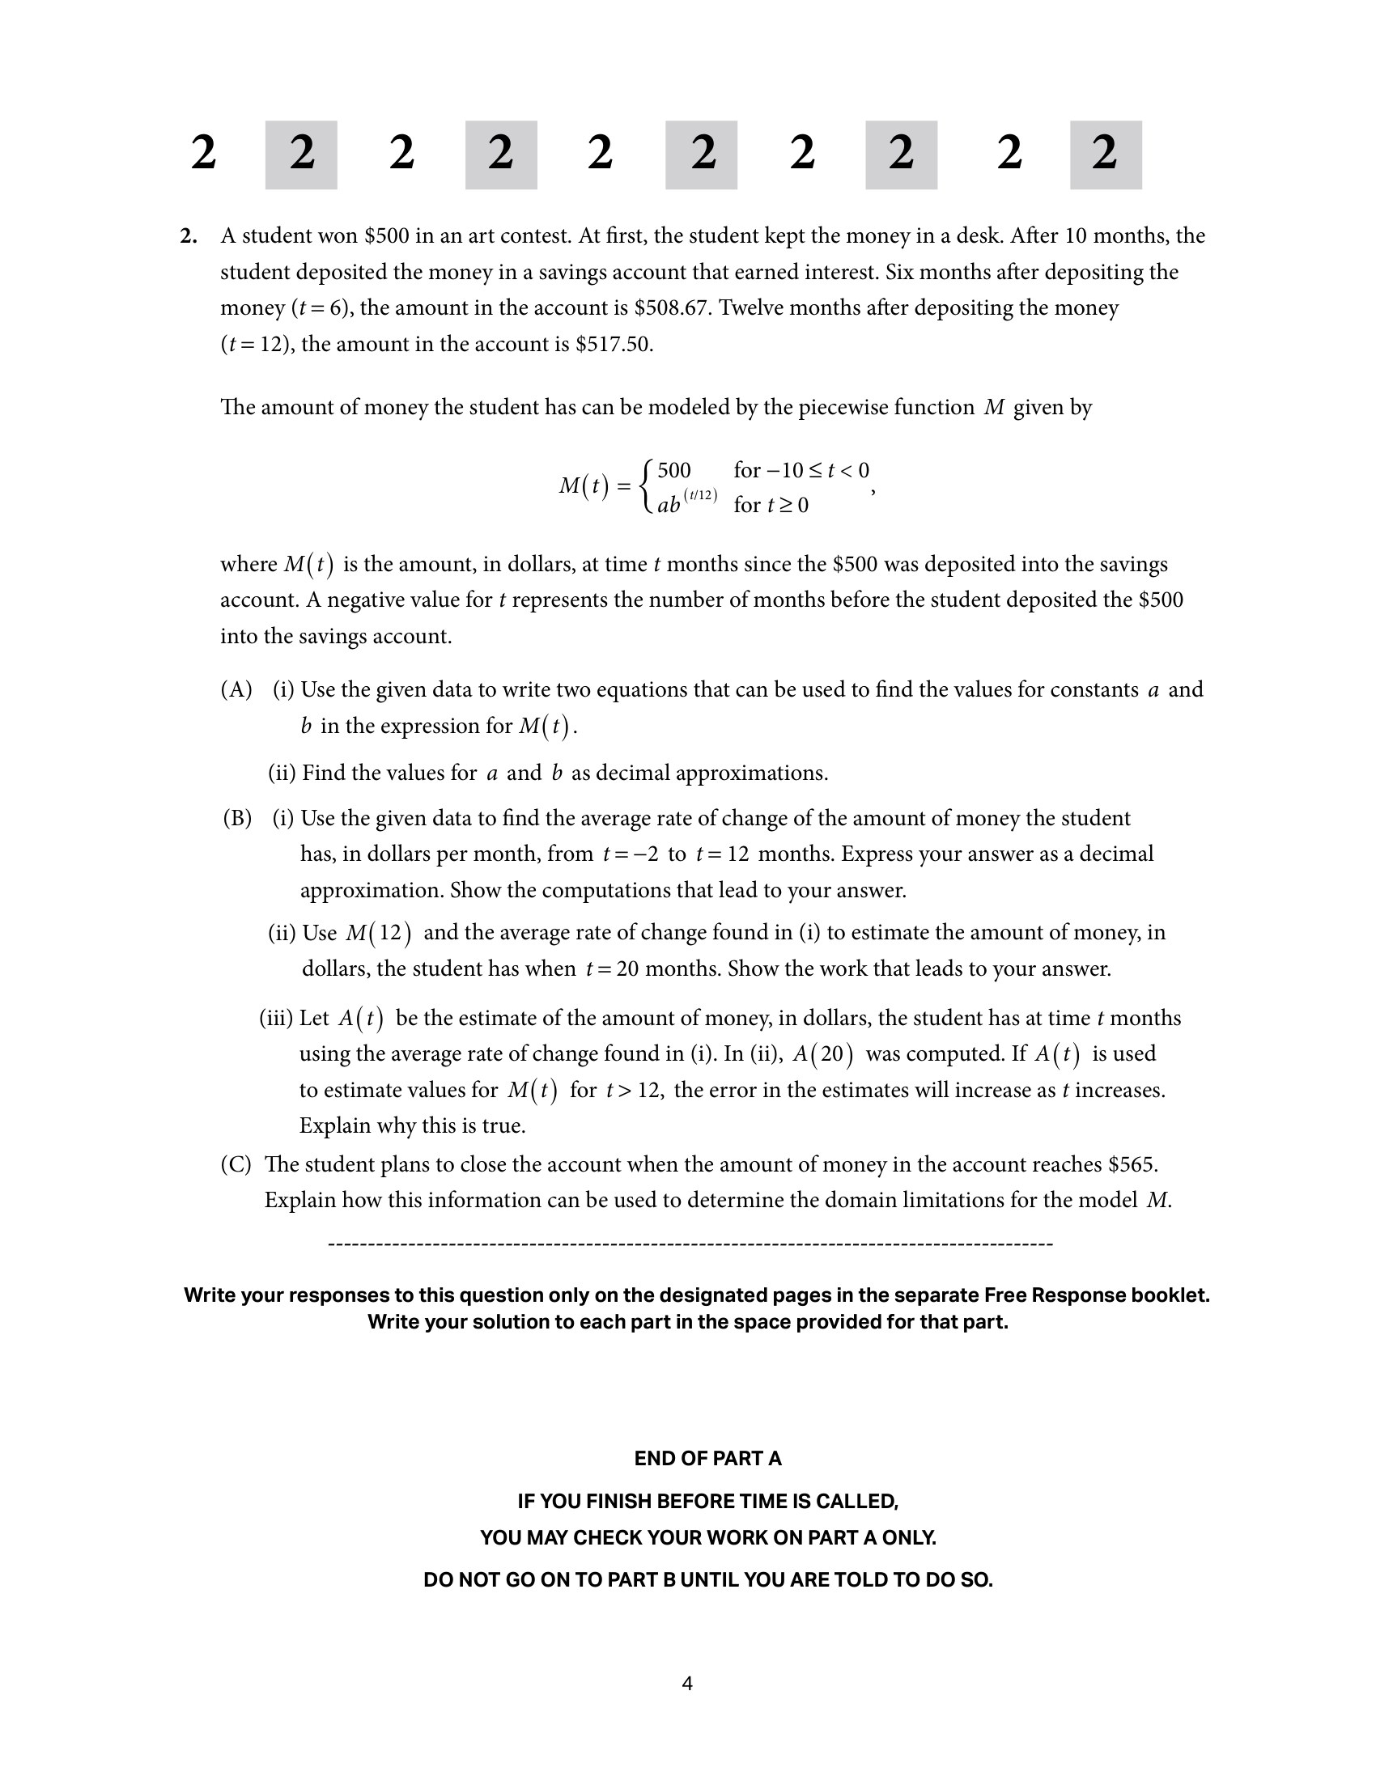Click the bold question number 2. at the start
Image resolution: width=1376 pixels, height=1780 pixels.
coord(189,236)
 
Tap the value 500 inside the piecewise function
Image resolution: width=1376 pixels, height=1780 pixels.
coord(673,470)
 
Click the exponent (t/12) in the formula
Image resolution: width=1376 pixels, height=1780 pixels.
coord(700,494)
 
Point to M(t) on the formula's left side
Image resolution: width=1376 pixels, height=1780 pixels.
coord(584,486)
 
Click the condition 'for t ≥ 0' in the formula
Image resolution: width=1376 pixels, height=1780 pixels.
coord(771,506)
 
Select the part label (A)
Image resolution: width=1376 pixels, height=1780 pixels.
coord(236,689)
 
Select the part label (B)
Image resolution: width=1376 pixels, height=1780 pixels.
coord(237,818)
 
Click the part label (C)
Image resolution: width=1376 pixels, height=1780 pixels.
coord(236,1163)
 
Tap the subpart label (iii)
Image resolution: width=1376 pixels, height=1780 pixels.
coord(275,1018)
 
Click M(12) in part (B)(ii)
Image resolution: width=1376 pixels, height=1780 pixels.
coord(378,932)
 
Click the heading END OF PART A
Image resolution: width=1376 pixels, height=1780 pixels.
coord(707,1458)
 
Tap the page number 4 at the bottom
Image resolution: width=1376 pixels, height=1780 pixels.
coord(687,1683)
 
